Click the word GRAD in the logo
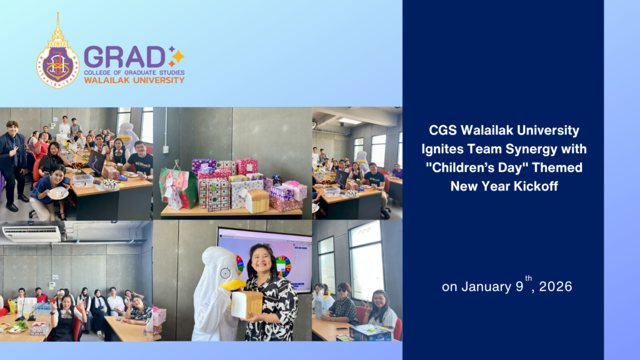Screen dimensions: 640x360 pyautogui.click(x=124, y=57)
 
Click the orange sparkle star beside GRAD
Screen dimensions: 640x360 pyautogui.click(x=176, y=56)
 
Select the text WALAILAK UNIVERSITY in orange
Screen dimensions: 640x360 pyautogui.click(x=134, y=81)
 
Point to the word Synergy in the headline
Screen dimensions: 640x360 pyautogui.click(x=532, y=149)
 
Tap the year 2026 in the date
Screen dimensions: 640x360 pyautogui.click(x=556, y=286)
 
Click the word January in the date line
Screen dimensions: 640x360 pyautogui.click(x=486, y=287)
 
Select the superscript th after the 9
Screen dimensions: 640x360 pyautogui.click(x=529, y=278)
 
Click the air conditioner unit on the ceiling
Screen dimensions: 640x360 pyautogui.click(x=31, y=234)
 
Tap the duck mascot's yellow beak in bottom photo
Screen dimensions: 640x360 pyautogui.click(x=232, y=284)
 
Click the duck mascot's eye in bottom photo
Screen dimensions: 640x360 pyautogui.click(x=225, y=272)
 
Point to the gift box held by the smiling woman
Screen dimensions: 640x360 pyautogui.click(x=246, y=304)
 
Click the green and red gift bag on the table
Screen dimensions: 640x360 pyautogui.click(x=178, y=189)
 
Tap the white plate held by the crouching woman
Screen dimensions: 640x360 pyautogui.click(x=58, y=193)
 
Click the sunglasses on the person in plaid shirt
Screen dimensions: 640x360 pyautogui.click(x=342, y=290)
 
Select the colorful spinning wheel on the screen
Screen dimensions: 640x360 pyautogui.click(x=283, y=266)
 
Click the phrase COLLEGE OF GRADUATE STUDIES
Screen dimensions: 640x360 pyautogui.click(x=134, y=72)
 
